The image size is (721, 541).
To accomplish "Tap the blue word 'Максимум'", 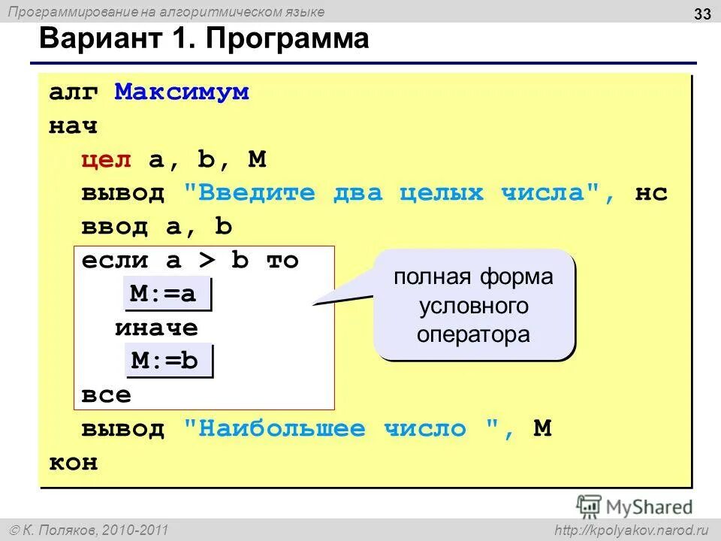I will point(181,92).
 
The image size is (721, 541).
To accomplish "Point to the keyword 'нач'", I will point(74,125).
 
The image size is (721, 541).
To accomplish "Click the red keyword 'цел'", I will point(107,159).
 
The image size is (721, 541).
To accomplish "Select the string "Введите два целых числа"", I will point(393,193).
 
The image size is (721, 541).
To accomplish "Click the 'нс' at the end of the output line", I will point(651,193).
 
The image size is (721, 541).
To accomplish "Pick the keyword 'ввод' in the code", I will point(115,227).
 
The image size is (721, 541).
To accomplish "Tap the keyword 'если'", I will point(115,261).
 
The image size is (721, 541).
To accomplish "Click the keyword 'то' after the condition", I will point(282,261).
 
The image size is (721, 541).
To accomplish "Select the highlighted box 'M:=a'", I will point(167,295).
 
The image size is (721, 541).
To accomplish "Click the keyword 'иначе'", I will point(156,328).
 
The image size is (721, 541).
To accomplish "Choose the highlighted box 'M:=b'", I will point(167,361).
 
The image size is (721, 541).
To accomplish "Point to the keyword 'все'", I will point(107,395).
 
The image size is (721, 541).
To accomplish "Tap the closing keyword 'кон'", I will point(74,463).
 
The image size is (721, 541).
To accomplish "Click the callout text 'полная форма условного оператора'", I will point(474,305).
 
